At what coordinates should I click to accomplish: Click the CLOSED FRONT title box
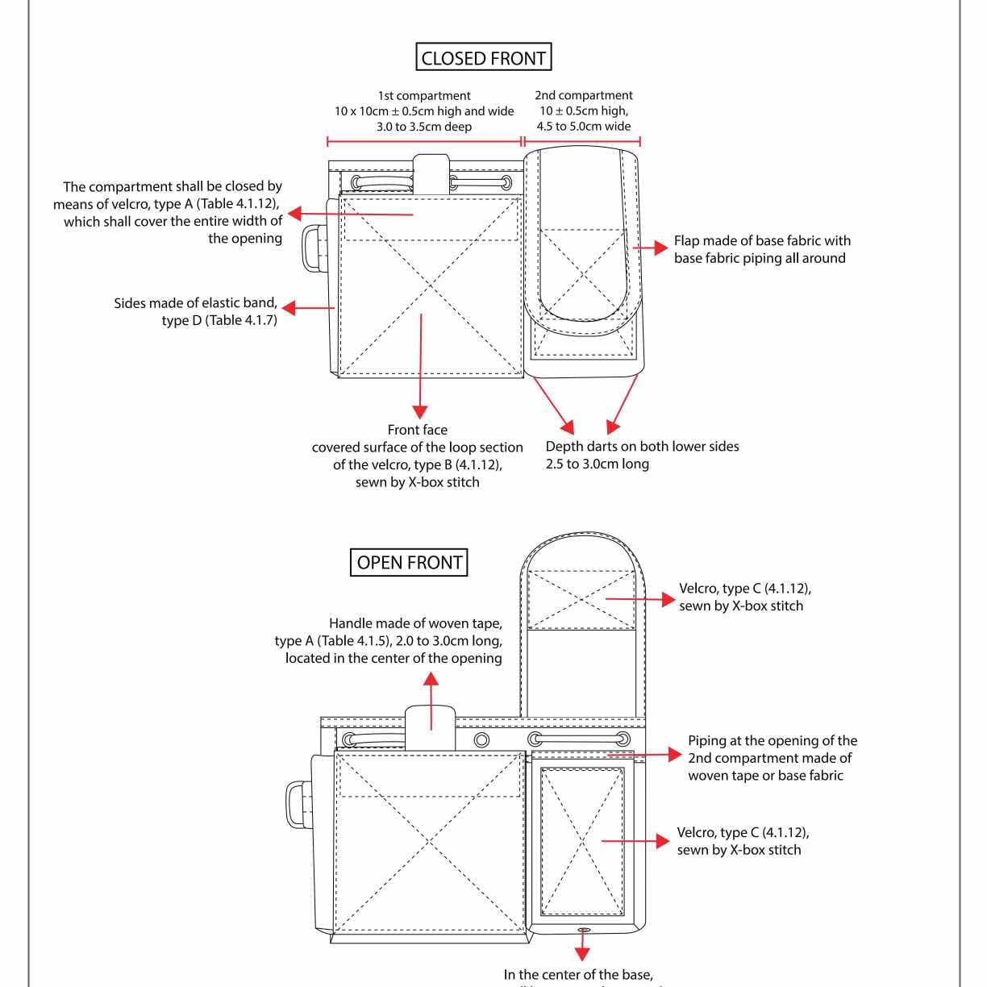[x=484, y=58]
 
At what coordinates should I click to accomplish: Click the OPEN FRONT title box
[x=409, y=562]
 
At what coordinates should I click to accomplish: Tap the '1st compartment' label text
[x=424, y=95]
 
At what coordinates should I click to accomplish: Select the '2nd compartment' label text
[x=583, y=95]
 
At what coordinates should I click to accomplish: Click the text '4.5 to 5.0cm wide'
[x=584, y=126]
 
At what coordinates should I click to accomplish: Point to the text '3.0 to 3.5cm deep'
[x=424, y=127]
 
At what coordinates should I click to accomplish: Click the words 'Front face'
[x=417, y=430]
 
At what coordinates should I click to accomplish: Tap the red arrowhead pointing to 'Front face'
[x=419, y=411]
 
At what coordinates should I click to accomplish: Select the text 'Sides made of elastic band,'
[x=195, y=303]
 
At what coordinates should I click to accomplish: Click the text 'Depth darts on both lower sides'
[x=642, y=446]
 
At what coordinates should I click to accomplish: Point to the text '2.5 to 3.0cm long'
[x=597, y=464]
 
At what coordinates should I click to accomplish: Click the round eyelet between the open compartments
[x=481, y=739]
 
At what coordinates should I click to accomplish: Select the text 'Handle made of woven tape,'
[x=415, y=623]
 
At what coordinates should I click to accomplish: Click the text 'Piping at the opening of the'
[x=772, y=740]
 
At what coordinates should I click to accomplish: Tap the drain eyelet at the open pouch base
[x=584, y=931]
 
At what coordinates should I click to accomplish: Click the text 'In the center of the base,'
[x=578, y=975]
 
